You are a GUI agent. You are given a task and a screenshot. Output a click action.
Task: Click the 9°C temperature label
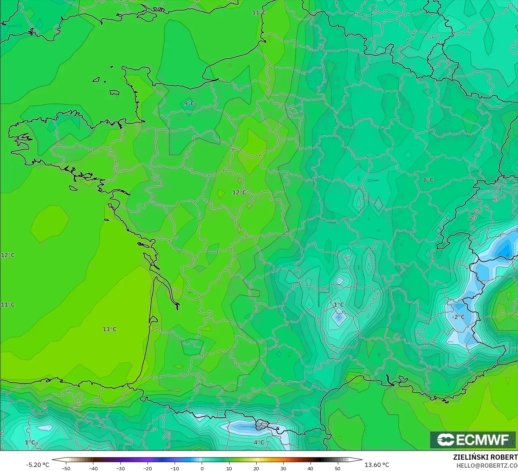[x=189, y=104]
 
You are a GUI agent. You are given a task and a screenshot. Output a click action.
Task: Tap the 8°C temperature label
[x=428, y=180]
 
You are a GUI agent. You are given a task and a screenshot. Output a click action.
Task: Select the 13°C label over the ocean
[x=109, y=329]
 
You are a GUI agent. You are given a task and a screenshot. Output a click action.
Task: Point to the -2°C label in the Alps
[x=458, y=317]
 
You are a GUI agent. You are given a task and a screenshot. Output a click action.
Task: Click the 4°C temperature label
[x=259, y=442]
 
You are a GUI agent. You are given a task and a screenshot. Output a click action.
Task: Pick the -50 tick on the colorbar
[x=66, y=468]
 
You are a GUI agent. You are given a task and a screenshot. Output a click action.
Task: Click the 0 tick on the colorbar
[x=202, y=468]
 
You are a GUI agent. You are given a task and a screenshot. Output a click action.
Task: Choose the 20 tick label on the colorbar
[x=256, y=468]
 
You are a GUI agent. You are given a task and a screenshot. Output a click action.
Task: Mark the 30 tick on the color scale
[x=283, y=468]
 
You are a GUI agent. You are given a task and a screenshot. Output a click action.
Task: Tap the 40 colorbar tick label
[x=310, y=468]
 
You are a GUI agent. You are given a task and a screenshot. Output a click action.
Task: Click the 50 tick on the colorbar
[x=337, y=468]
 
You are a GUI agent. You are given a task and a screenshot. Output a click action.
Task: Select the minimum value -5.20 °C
[x=37, y=465]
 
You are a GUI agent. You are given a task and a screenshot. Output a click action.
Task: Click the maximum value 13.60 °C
[x=377, y=465]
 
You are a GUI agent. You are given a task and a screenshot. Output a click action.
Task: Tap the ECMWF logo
[x=473, y=440]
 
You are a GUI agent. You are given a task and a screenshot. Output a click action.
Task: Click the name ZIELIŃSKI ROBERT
[x=485, y=457]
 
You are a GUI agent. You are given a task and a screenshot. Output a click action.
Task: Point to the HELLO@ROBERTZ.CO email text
[x=487, y=466]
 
